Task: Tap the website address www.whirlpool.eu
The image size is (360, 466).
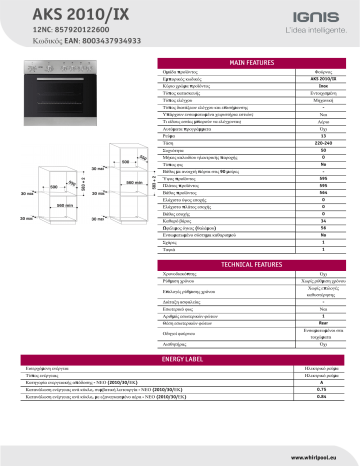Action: coord(318,454)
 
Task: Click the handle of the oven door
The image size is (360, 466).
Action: coord(60,87)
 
